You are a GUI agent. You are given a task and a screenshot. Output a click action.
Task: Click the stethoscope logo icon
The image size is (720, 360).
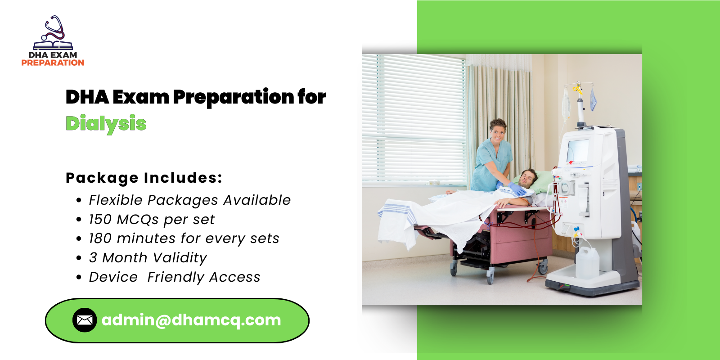pos(53,31)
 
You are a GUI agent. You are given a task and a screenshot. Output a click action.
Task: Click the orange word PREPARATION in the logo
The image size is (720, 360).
pos(53,63)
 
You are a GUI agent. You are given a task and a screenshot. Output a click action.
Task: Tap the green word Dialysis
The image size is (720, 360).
pos(106,123)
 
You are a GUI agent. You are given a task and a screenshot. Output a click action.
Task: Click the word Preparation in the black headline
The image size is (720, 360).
pos(234,97)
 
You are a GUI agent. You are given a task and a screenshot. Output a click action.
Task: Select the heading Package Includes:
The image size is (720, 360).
pos(144,178)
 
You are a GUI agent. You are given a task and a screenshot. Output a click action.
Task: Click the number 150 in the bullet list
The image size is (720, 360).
pos(100,220)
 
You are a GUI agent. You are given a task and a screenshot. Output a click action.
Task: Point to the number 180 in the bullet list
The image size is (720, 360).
pos(100,238)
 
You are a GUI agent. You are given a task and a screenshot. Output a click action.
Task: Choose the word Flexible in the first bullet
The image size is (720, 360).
pos(115,200)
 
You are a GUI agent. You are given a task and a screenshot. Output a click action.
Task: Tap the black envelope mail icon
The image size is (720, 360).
pos(85,320)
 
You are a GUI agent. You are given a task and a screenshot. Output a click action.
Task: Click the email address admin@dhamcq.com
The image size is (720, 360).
pos(191,320)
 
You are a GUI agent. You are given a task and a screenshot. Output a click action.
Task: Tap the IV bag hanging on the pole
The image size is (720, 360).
pos(566,103)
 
